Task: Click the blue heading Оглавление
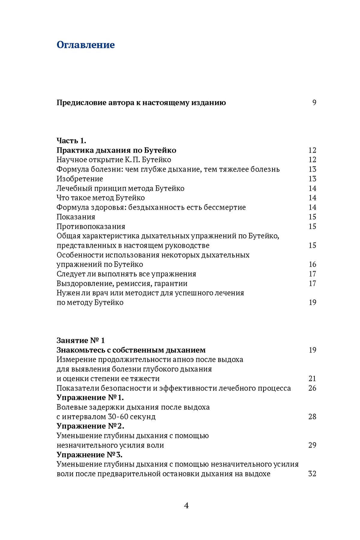click(x=85, y=45)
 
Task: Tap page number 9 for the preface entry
click(x=314, y=103)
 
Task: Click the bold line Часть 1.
click(x=71, y=140)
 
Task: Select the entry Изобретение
click(x=80, y=179)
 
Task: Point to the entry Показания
click(x=76, y=217)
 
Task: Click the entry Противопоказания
click(x=91, y=226)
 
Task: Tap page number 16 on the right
click(x=312, y=264)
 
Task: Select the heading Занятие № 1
click(x=81, y=340)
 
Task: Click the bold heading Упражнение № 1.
click(x=90, y=398)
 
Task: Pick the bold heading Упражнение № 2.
click(x=90, y=426)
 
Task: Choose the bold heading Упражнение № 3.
click(x=90, y=455)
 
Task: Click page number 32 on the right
click(x=312, y=474)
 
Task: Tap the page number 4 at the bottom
click(x=186, y=506)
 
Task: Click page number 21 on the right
click(x=312, y=379)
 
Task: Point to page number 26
click(x=312, y=388)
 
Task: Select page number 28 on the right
click(x=312, y=417)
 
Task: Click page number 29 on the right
click(x=312, y=445)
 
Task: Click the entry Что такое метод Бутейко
click(x=101, y=198)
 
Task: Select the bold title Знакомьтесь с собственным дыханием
click(x=131, y=350)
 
